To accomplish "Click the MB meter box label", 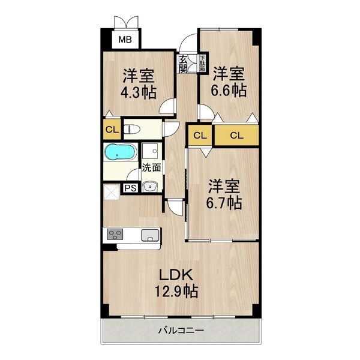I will [124, 40].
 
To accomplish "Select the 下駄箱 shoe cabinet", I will [194, 63].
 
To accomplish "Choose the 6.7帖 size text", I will [225, 203].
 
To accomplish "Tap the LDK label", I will [175, 274].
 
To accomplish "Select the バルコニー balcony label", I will [181, 329].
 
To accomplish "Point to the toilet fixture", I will [132, 128].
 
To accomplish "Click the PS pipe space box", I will [130, 188].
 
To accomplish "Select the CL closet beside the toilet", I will [112, 129].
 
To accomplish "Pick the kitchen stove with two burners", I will [115, 234].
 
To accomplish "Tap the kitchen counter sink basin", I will [150, 234].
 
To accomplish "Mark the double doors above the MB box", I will [127, 21].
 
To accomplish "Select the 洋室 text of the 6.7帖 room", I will [225, 185].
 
